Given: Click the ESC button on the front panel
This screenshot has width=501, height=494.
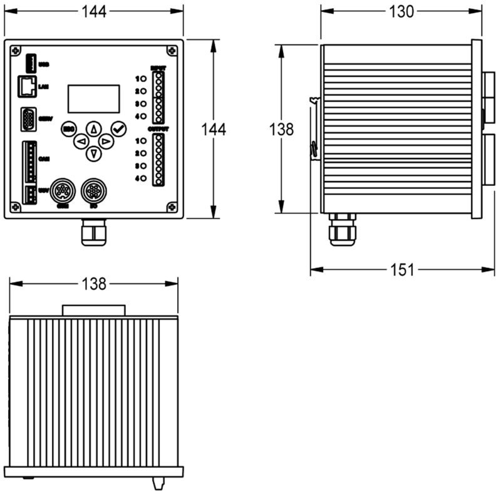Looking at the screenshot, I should [69, 129].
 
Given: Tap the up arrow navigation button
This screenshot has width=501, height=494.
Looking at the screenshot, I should [93, 129].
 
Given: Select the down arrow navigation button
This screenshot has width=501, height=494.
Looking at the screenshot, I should [93, 153].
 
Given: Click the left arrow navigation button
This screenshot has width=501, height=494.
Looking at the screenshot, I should [81, 142].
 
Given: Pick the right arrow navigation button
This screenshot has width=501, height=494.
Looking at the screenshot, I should [106, 142].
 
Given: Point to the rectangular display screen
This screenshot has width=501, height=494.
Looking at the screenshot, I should [93, 98].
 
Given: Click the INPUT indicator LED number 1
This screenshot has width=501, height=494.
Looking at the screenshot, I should [143, 78].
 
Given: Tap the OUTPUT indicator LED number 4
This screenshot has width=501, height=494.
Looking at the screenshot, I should [143, 178].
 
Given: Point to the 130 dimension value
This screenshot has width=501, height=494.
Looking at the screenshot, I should [401, 11].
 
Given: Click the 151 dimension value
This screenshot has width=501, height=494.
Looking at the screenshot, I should [401, 270].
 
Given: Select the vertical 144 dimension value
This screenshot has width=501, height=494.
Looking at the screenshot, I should [213, 129].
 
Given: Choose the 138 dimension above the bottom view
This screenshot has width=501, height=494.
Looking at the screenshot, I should [94, 284].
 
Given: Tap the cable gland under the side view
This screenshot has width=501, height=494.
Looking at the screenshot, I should [342, 229].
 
